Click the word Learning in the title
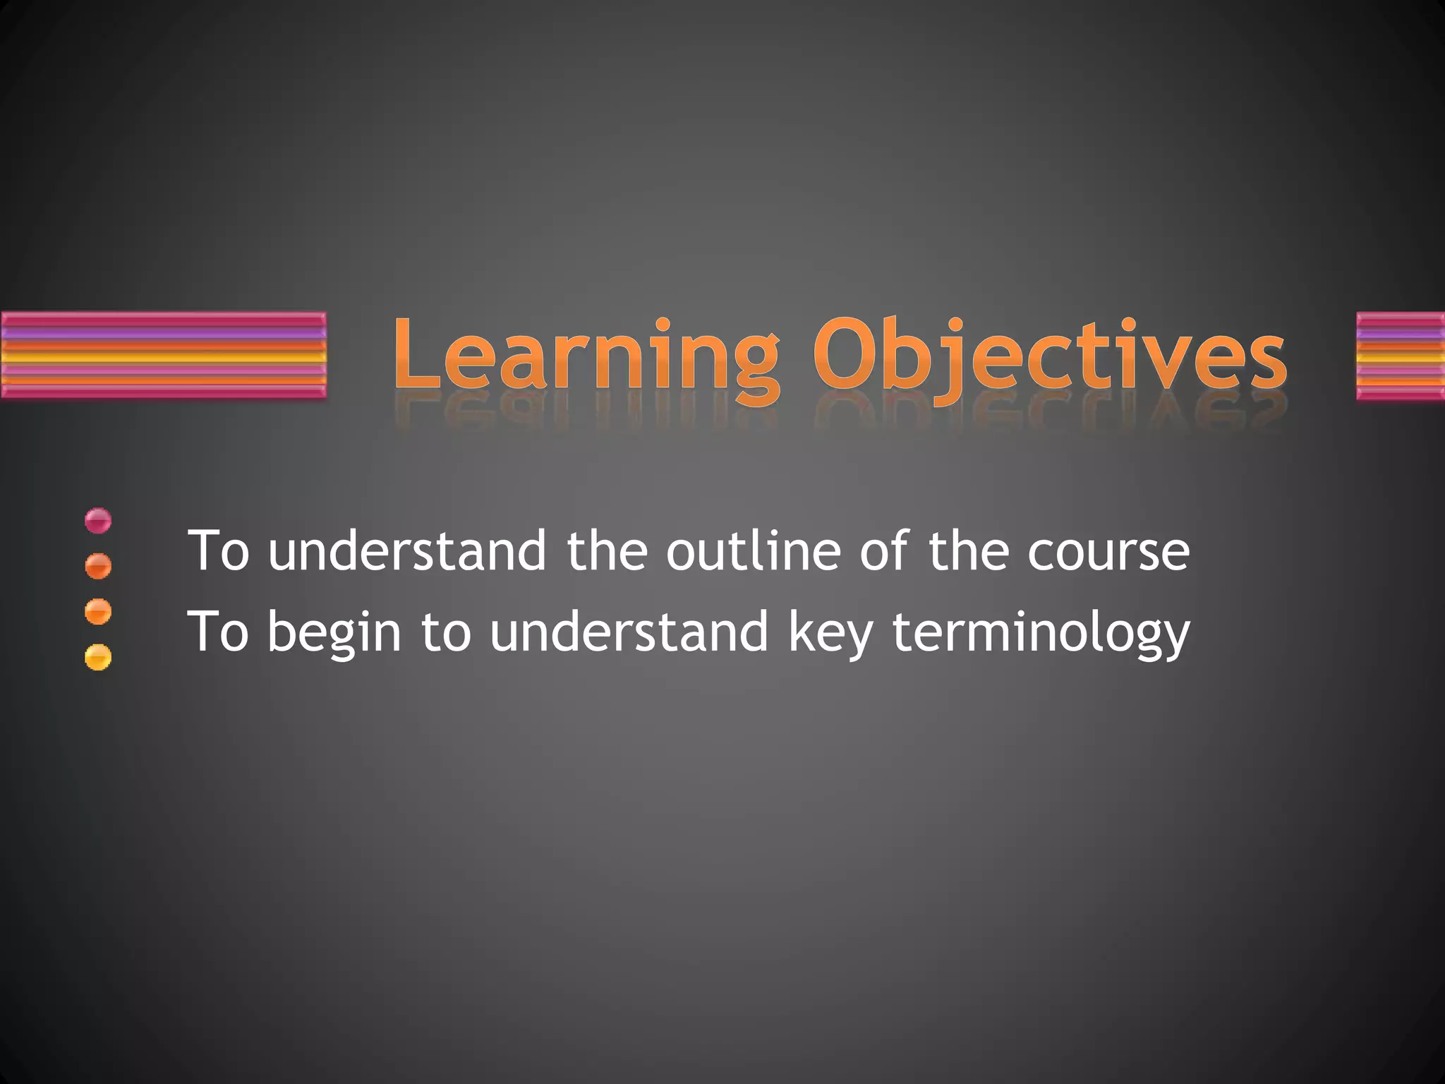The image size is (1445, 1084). pos(586,356)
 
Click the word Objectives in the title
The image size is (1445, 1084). pos(1050,356)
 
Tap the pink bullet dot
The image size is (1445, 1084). pos(98,521)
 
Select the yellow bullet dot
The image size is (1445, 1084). pos(98,657)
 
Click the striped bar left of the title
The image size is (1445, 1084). pos(164,356)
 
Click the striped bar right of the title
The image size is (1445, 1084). pos(1401,356)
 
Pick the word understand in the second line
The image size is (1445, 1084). pos(629,632)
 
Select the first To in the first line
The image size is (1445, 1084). pos(219,551)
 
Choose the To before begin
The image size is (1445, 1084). pos(219,632)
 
